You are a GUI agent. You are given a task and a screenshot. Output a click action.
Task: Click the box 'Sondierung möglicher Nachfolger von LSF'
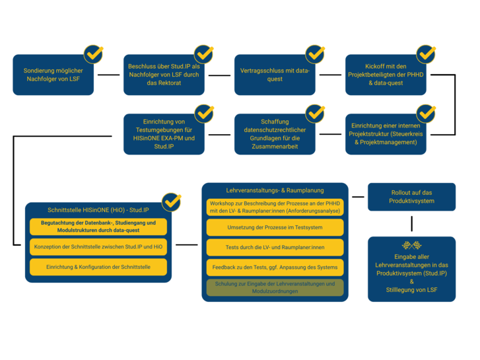pos(53,75)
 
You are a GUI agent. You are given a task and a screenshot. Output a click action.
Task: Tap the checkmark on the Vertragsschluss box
pos(315,54)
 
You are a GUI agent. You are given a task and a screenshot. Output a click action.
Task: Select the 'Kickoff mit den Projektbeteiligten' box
pos(386,75)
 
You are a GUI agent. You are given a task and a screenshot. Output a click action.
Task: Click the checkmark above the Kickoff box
pos(426,54)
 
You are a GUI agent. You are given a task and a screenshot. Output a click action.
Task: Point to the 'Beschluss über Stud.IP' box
pos(164,75)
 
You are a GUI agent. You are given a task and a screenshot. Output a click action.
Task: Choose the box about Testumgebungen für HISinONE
pos(164,134)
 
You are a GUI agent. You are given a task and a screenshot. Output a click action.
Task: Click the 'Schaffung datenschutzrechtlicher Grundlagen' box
pos(275,134)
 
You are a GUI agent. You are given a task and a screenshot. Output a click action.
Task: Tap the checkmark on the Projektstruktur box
pos(426,114)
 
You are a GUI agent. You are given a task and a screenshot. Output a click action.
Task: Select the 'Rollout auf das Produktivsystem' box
pos(412,197)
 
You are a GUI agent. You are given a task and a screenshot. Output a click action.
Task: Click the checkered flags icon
pos(412,245)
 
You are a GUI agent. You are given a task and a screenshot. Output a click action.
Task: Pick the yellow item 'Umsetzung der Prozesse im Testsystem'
pos(275,227)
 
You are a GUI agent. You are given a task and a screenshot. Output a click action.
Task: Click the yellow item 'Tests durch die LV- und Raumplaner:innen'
pos(275,247)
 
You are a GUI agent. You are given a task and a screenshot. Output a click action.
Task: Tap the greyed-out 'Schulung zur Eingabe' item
pos(275,287)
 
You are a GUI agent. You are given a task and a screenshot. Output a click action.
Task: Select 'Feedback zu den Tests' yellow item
pos(275,267)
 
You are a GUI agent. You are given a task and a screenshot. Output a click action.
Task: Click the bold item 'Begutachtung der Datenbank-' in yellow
pos(98,227)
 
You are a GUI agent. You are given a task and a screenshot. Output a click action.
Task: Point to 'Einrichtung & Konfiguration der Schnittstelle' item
pos(98,267)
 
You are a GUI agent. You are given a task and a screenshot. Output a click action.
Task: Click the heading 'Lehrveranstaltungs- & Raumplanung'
pos(275,190)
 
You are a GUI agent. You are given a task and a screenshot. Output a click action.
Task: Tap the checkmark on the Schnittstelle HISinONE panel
pos(172,202)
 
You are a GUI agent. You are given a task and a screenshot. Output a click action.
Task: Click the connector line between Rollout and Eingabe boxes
pos(412,224)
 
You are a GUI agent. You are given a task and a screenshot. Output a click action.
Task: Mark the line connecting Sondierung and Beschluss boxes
pos(109,75)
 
